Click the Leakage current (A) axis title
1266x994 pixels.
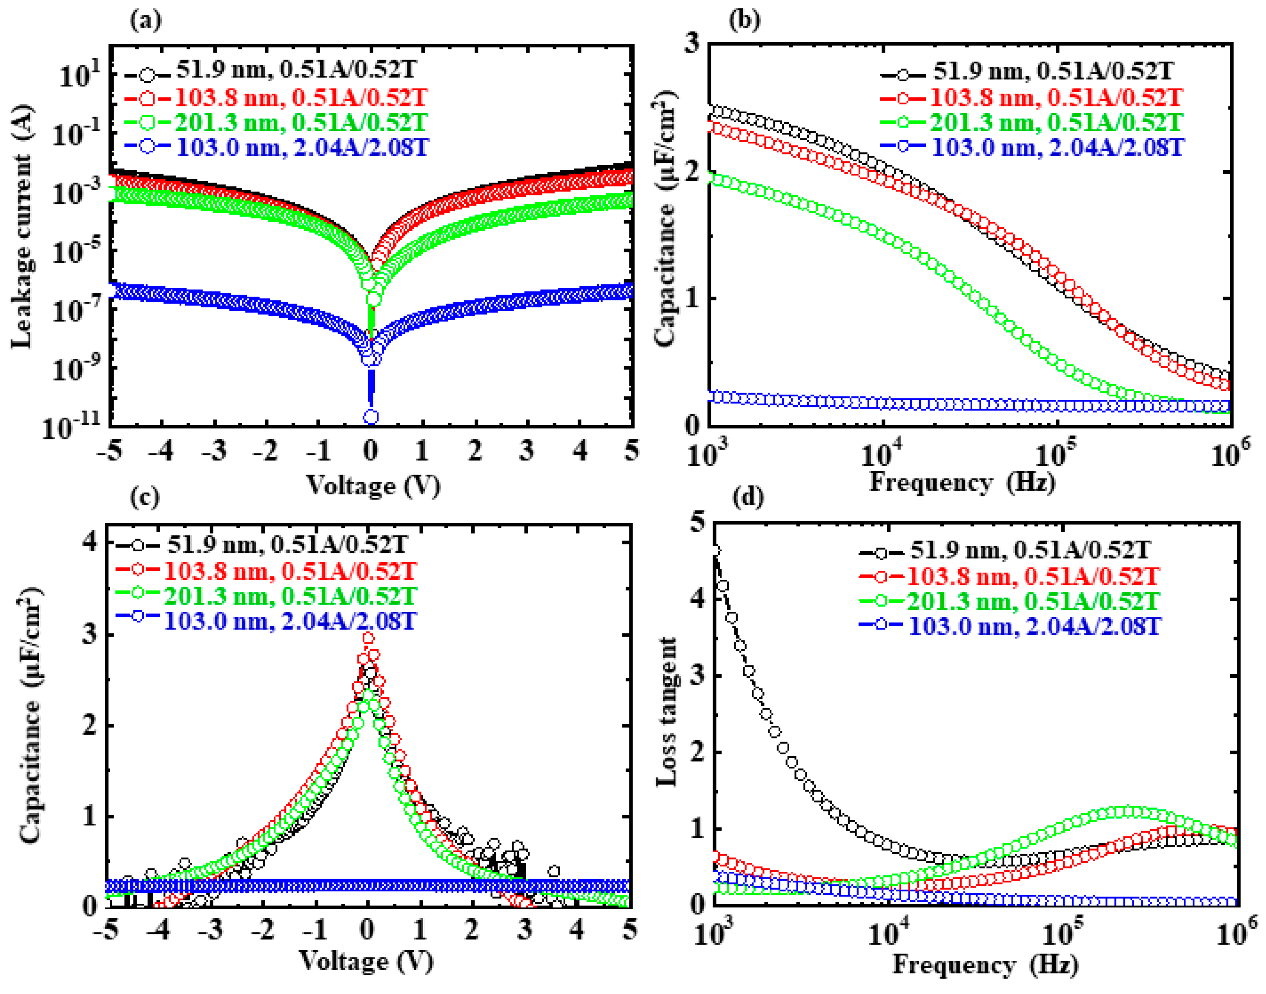click(23, 227)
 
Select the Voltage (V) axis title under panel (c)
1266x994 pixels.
click(367, 961)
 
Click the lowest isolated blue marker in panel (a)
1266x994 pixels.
click(371, 417)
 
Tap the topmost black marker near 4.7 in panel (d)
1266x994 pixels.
click(715, 550)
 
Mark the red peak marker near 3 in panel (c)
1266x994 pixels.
click(368, 638)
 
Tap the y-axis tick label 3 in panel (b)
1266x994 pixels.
click(692, 44)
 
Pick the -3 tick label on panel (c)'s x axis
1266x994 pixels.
click(211, 931)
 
